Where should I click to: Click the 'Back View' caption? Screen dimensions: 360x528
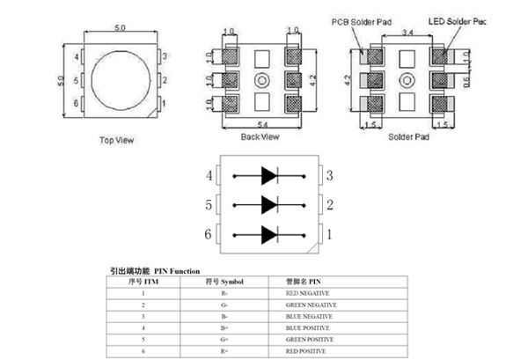click(x=260, y=137)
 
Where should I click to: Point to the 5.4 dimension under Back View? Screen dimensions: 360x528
click(x=260, y=127)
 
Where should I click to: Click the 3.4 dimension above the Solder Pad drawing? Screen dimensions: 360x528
click(x=406, y=33)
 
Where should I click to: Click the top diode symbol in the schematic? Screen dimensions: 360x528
click(x=268, y=176)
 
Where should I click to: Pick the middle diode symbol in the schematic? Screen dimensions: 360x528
click(x=268, y=205)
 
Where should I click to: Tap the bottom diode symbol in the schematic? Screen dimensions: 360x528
click(x=268, y=235)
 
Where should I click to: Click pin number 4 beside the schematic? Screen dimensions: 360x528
click(x=209, y=176)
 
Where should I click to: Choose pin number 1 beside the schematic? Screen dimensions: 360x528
click(x=329, y=235)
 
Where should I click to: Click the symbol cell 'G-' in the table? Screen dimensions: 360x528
click(x=224, y=304)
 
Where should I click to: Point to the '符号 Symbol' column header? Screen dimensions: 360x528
click(x=224, y=281)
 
